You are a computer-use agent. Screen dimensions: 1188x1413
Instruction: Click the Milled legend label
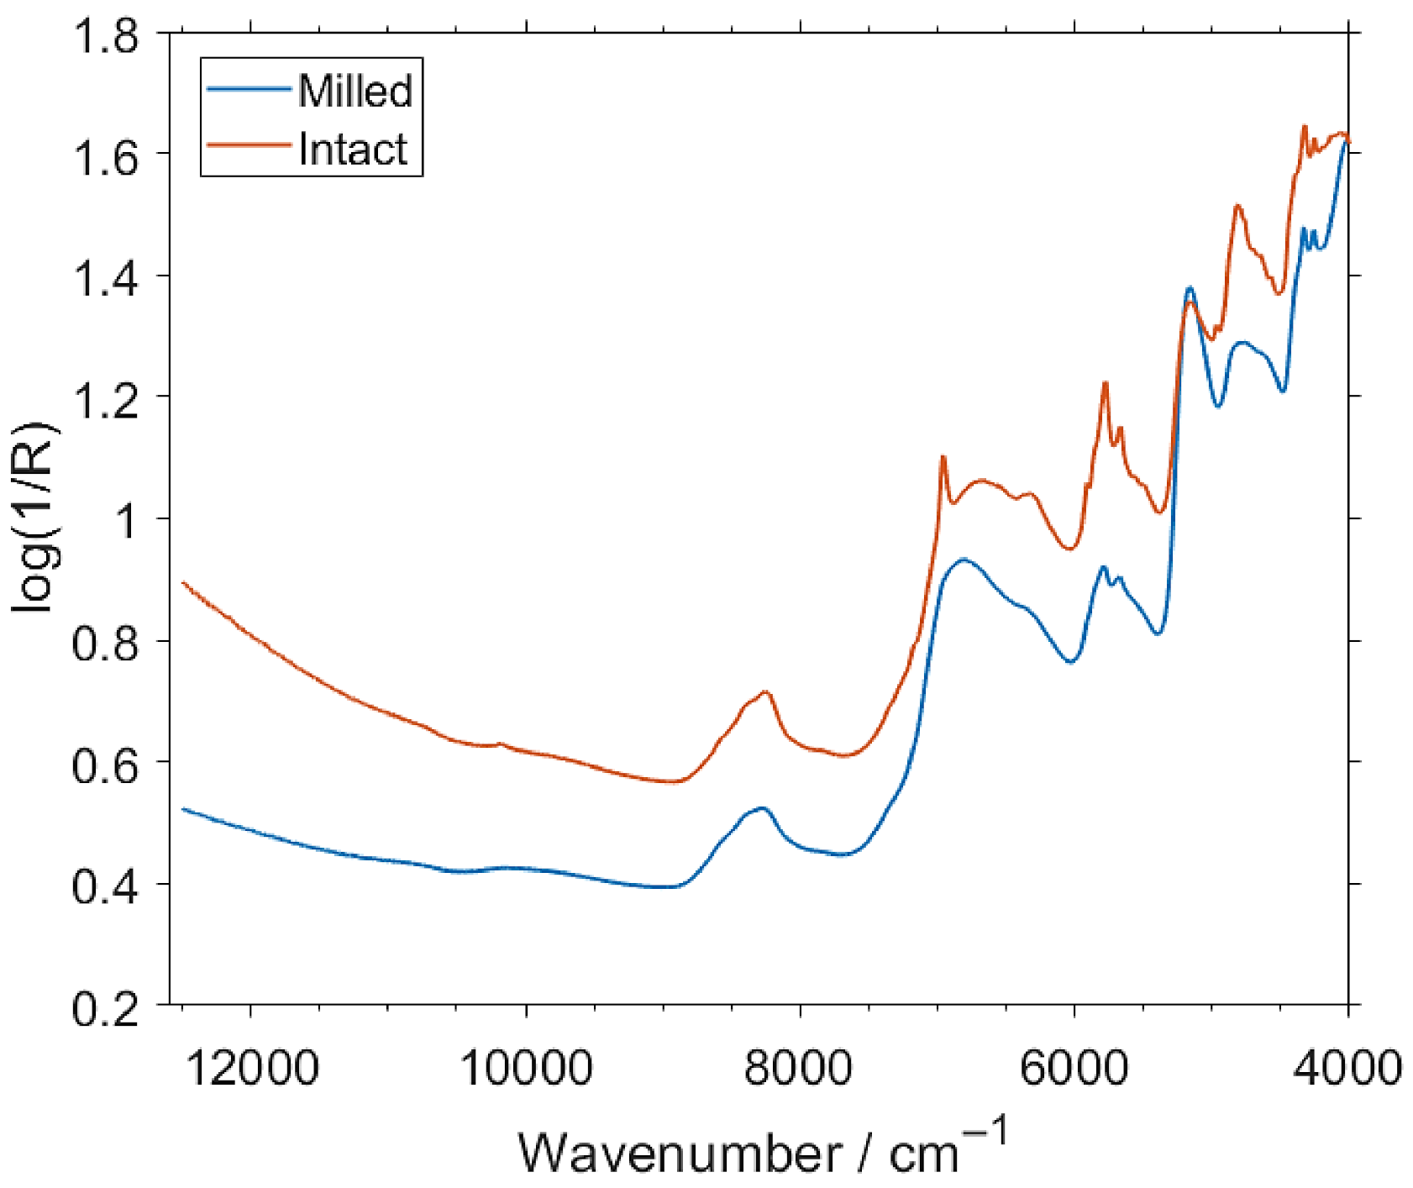click(x=355, y=90)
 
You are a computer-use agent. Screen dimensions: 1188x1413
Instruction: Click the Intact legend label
click(x=353, y=150)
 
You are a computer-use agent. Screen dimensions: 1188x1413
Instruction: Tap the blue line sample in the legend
click(x=250, y=88)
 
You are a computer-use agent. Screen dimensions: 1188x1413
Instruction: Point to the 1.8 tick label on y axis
click(x=105, y=37)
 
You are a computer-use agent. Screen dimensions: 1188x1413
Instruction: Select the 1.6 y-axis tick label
click(x=105, y=158)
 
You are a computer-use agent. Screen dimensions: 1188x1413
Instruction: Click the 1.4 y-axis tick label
click(x=105, y=280)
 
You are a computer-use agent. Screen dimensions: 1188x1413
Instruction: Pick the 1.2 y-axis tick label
click(x=105, y=401)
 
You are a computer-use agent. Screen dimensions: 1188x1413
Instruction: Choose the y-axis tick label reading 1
click(x=125, y=522)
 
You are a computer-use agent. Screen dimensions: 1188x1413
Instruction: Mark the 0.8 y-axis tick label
click(x=105, y=644)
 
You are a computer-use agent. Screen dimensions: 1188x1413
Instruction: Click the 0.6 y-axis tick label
click(x=105, y=765)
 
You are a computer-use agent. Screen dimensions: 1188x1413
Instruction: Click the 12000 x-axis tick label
click(x=252, y=1068)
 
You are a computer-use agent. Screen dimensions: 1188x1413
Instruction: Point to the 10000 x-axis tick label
click(x=527, y=1068)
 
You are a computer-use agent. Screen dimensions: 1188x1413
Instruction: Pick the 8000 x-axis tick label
click(x=801, y=1068)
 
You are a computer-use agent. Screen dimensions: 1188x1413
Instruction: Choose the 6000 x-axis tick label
click(x=1074, y=1068)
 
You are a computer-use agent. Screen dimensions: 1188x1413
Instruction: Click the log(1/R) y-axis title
click(x=35, y=518)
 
